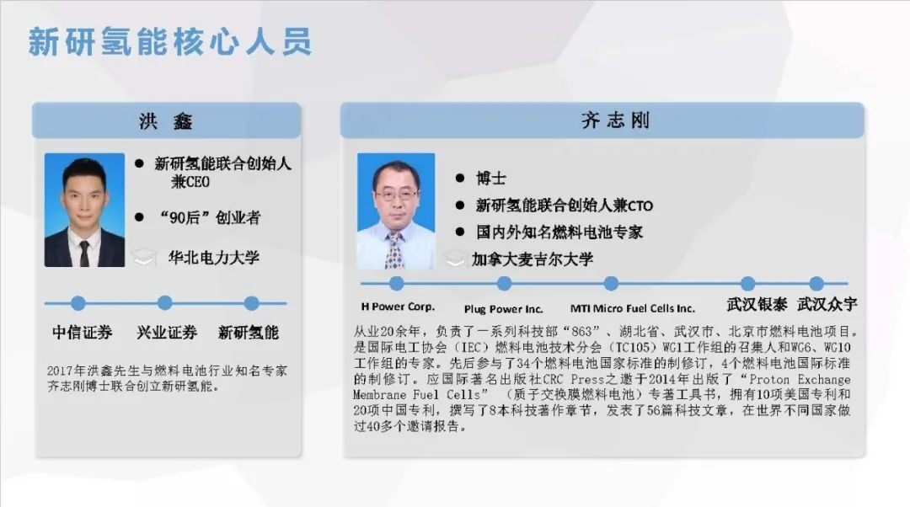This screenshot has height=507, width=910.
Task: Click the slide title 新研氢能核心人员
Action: [169, 42]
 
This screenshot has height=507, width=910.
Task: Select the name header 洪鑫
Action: [166, 120]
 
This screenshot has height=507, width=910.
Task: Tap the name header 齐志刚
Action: [615, 120]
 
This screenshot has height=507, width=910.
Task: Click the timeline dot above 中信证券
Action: [78, 303]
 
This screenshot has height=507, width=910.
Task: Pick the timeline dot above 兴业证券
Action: [165, 303]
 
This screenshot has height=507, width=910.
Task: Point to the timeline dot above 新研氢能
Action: [251, 303]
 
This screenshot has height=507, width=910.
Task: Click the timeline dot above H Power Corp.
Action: [397, 283]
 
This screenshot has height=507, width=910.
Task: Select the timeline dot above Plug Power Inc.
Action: [505, 283]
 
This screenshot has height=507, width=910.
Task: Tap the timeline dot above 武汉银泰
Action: [748, 283]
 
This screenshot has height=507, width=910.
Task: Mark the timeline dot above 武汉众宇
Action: [816, 283]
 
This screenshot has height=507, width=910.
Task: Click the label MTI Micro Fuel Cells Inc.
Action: [632, 308]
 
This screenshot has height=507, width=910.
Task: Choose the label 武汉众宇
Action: [827, 304]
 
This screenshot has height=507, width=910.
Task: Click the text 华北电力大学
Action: [213, 257]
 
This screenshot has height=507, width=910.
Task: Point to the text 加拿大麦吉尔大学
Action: [533, 259]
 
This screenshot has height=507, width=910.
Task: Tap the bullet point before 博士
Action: [460, 178]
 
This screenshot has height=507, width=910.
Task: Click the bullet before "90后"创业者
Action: [139, 217]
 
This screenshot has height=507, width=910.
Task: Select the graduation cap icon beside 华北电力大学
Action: [144, 257]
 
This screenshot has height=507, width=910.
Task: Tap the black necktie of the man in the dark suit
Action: [85, 253]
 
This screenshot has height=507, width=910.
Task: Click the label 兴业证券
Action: [167, 333]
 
